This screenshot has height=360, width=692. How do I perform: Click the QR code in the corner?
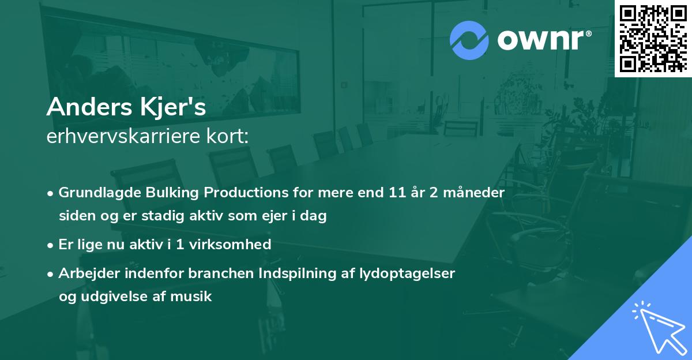[x=653, y=38]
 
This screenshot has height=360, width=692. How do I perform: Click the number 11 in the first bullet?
[x=397, y=193]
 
